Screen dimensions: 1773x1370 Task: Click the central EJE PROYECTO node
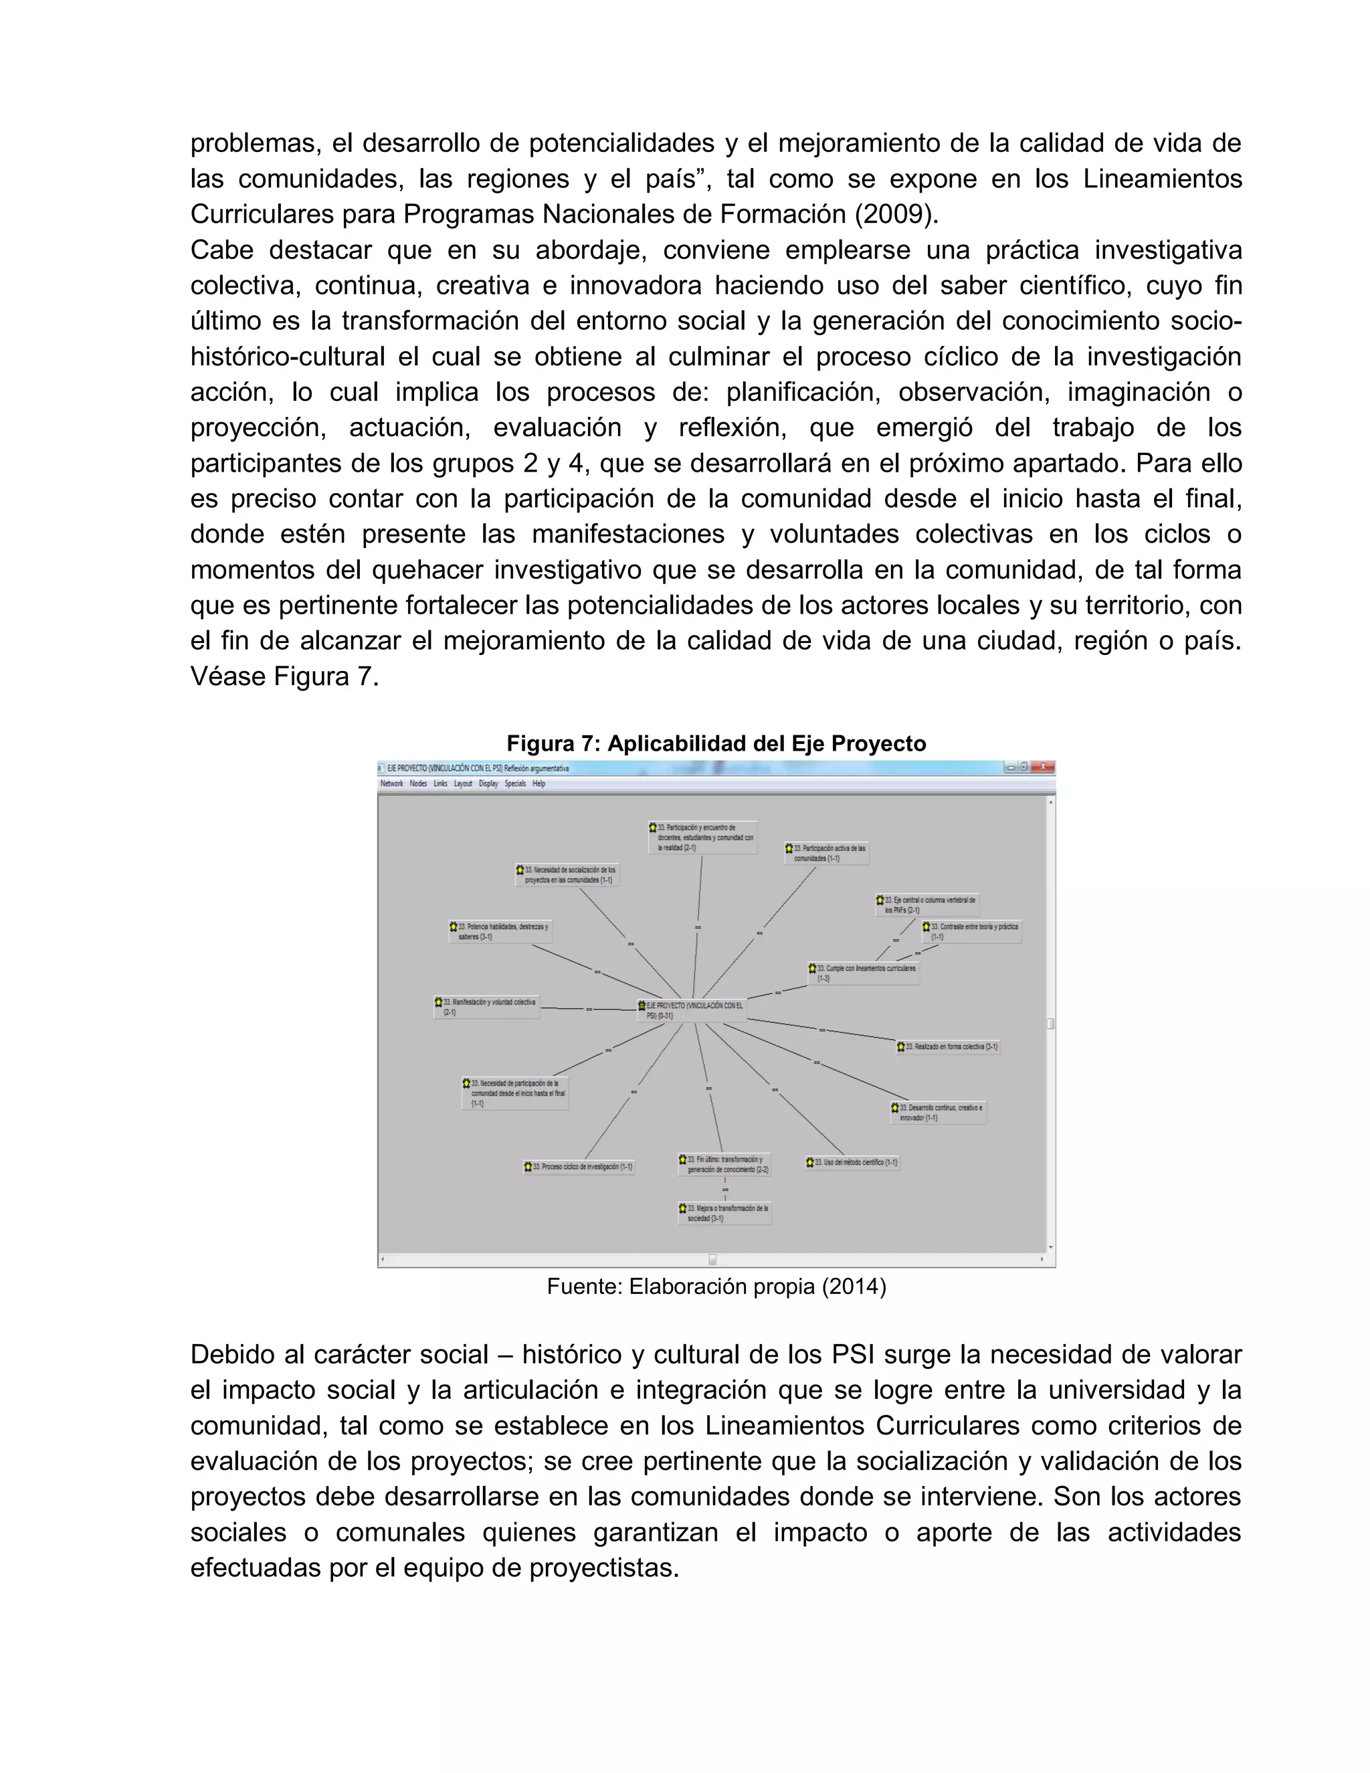pyautogui.click(x=692, y=1010)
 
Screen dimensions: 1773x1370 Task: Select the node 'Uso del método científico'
pyautogui.click(x=852, y=1163)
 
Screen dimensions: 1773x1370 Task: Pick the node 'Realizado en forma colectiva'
pyautogui.click(x=949, y=1046)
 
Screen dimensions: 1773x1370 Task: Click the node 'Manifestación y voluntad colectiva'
pyautogui.click(x=486, y=1007)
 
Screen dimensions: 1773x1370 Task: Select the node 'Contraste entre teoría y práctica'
pyautogui.click(x=971, y=931)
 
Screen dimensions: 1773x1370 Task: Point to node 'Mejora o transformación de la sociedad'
pyautogui.click(x=724, y=1213)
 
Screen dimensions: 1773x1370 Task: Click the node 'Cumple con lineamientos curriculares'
pyautogui.click(x=864, y=973)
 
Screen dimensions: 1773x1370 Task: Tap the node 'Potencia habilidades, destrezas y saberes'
pyautogui.click(x=500, y=931)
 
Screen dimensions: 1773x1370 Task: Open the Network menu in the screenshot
pyautogui.click(x=391, y=783)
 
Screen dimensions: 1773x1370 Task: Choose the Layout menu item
pyautogui.click(x=463, y=783)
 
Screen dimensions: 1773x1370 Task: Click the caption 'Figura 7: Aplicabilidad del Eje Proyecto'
pyautogui.click(x=716, y=743)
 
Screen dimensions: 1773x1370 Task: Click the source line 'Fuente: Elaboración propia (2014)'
pyautogui.click(x=716, y=1286)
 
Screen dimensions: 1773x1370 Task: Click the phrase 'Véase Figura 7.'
pyautogui.click(x=284, y=676)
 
